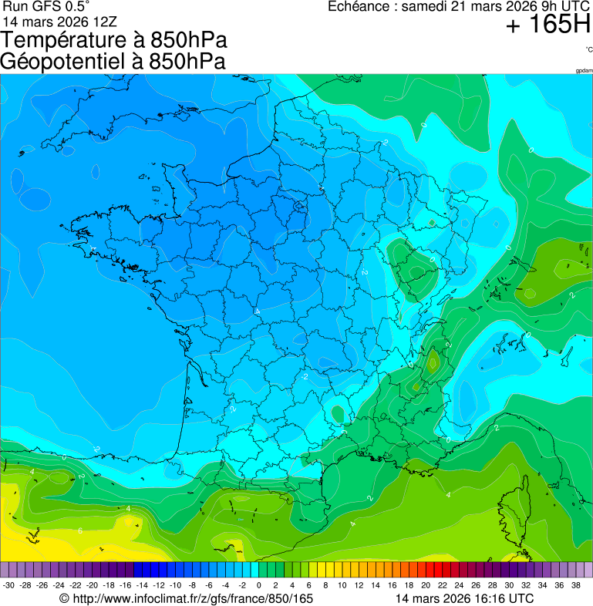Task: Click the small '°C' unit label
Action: pos(588,49)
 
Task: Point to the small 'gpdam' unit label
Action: pos(584,71)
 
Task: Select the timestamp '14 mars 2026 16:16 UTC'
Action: pos(463,598)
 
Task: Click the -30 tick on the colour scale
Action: pos(9,585)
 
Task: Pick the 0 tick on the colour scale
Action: pos(258,585)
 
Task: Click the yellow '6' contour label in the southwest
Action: pos(80,531)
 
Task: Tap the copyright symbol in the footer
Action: pos(65,598)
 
